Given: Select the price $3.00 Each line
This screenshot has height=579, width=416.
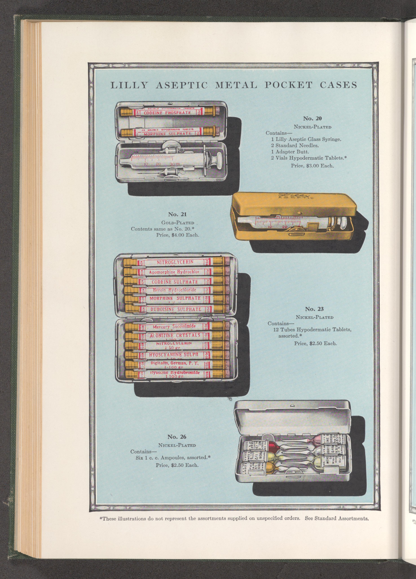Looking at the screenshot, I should (312, 166).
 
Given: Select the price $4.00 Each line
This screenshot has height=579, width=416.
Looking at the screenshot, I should (177, 235).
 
